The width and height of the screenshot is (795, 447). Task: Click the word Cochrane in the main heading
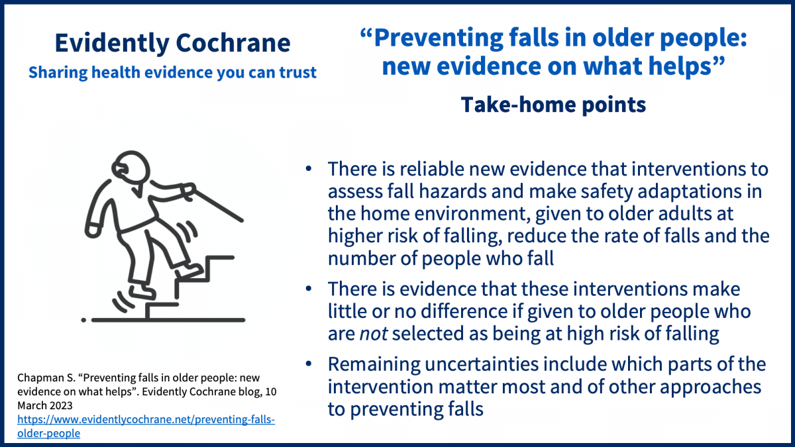(233, 43)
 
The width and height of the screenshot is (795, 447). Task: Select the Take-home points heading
(553, 105)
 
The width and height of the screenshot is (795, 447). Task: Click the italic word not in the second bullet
(374, 334)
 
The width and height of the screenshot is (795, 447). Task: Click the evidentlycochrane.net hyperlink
(146, 426)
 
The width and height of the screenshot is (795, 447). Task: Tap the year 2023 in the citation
(60, 405)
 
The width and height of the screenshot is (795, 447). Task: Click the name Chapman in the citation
(40, 378)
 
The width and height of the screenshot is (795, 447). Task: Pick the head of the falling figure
(131, 168)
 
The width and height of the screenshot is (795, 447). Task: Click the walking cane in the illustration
(217, 205)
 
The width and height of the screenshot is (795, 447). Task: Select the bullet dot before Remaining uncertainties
(309, 364)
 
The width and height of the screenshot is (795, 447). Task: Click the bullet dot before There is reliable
(309, 168)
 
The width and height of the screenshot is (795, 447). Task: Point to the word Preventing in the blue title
(439, 38)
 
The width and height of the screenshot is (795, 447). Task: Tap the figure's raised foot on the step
(189, 271)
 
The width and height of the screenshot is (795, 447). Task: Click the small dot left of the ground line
(83, 320)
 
